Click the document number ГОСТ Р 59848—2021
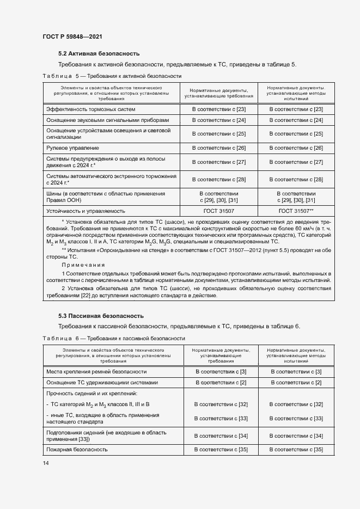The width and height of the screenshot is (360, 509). click(x=72, y=36)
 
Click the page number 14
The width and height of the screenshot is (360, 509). click(x=46, y=463)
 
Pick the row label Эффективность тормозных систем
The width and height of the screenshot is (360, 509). click(x=90, y=109)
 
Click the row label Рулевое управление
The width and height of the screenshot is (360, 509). click(x=72, y=148)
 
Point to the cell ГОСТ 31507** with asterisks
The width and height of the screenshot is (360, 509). click(x=296, y=210)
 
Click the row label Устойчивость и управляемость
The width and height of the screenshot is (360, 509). click(x=86, y=210)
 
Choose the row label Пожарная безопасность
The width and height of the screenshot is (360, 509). click(x=77, y=449)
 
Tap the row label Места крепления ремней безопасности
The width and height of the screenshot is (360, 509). click(x=96, y=371)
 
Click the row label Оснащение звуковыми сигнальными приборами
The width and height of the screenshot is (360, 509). click(x=107, y=120)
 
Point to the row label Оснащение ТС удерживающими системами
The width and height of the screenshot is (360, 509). click(x=101, y=383)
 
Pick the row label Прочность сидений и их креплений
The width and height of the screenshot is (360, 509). click(x=91, y=394)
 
